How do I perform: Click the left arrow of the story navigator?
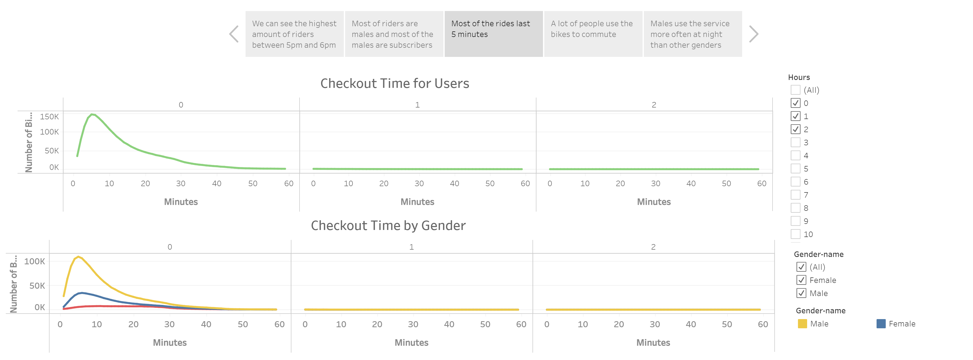coord(234,34)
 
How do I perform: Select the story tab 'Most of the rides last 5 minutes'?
coord(493,34)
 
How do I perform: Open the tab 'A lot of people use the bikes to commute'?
coord(593,34)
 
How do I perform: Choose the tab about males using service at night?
coord(692,34)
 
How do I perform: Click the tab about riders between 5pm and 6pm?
coord(294,34)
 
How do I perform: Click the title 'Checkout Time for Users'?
coord(394,83)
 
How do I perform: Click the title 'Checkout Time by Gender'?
coord(388,225)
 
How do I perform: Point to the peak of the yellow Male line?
coord(78,257)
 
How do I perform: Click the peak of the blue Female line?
coord(81,293)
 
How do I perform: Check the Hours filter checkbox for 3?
coord(796,142)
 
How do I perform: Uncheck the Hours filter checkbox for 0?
coord(796,103)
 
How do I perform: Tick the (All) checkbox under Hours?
coord(796,90)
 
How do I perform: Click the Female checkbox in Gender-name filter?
coord(801,280)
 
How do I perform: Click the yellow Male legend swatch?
coord(802,324)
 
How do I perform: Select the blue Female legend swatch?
coord(881,324)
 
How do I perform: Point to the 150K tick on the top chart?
coord(50,117)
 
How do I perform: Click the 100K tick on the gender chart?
coord(35,261)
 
